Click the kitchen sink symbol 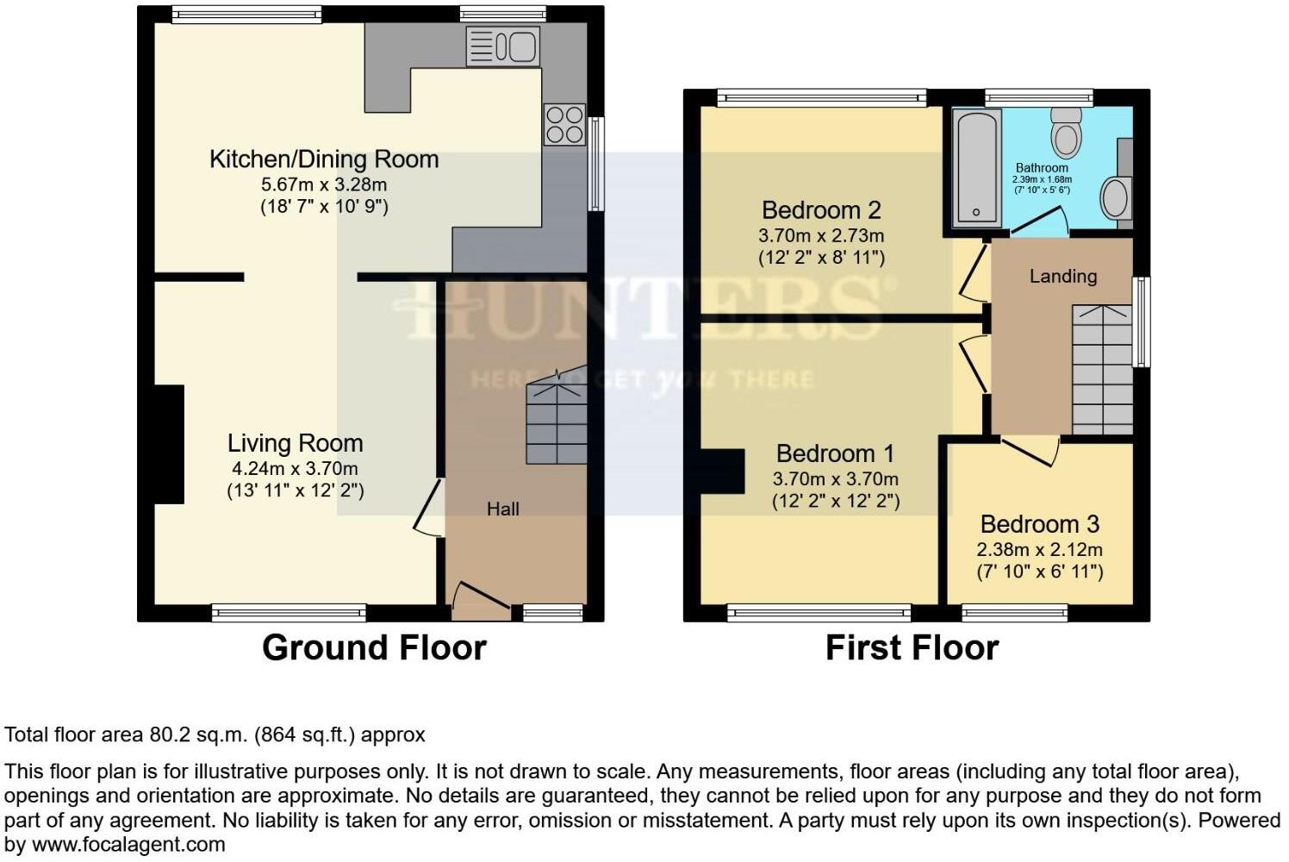click(502, 46)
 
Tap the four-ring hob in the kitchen click(564, 124)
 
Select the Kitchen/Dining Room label click(324, 159)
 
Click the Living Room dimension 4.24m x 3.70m click(295, 469)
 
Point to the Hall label click(502, 509)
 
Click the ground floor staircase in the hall click(557, 422)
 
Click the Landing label click(1062, 276)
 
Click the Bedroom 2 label click(821, 209)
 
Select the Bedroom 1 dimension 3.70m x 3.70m click(835, 479)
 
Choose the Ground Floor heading click(374, 647)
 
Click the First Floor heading click(912, 647)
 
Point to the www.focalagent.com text click(128, 845)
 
